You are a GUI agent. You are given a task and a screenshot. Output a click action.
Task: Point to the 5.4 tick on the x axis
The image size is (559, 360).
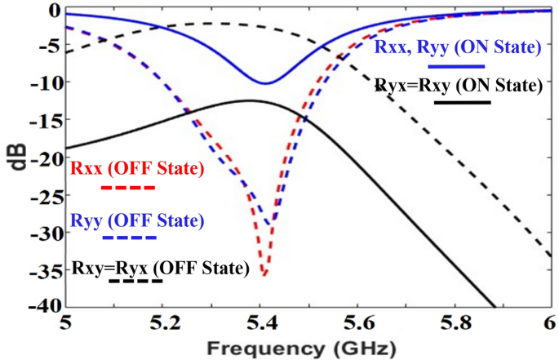pyautogui.click(x=260, y=324)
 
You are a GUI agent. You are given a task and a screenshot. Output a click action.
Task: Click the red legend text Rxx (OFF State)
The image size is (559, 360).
pyautogui.click(x=136, y=170)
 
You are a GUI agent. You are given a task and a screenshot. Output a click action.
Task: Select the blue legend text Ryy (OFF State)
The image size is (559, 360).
pyautogui.click(x=136, y=220)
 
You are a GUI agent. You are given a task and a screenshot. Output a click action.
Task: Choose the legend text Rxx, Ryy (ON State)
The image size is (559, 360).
pyautogui.click(x=458, y=47)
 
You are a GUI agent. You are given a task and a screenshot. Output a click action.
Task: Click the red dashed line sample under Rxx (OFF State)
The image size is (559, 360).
pyautogui.click(x=128, y=188)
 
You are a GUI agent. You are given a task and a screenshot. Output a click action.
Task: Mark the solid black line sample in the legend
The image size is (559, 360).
pyautogui.click(x=462, y=102)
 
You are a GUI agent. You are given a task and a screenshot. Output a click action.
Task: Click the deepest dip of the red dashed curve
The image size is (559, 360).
pyautogui.click(x=263, y=275)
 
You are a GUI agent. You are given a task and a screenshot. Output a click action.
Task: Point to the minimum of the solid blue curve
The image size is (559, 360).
pyautogui.click(x=264, y=82)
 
